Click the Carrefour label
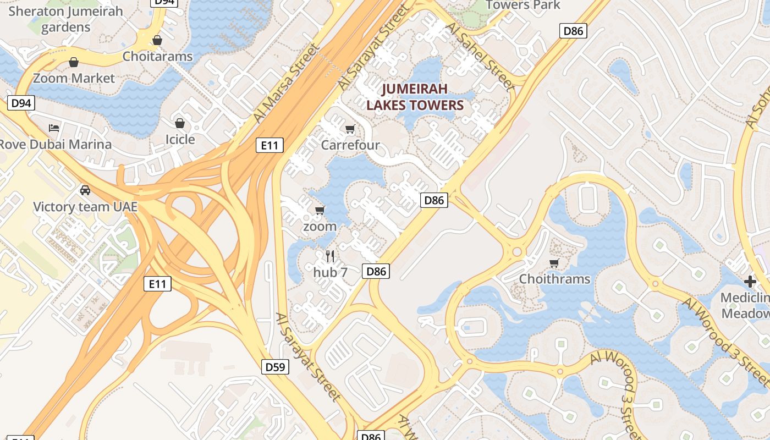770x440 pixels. (x=350, y=145)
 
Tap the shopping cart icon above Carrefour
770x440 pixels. (x=350, y=129)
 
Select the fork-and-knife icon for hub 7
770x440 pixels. (x=330, y=256)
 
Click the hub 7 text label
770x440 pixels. (x=330, y=272)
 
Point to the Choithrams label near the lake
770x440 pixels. (x=554, y=279)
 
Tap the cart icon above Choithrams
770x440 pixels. (x=554, y=263)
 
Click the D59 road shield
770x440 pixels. (x=275, y=367)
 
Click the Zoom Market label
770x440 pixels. (x=74, y=78)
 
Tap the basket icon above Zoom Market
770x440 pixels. (x=74, y=62)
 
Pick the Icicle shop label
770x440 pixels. (x=180, y=139)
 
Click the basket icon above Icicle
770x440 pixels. (x=180, y=123)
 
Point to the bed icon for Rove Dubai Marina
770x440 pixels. (x=54, y=128)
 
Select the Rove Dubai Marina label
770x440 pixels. (x=55, y=144)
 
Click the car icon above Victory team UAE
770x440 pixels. (x=85, y=190)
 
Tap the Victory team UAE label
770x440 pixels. (x=85, y=207)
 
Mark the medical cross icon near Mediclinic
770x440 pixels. (x=750, y=282)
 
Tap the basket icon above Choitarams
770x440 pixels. (x=157, y=40)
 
